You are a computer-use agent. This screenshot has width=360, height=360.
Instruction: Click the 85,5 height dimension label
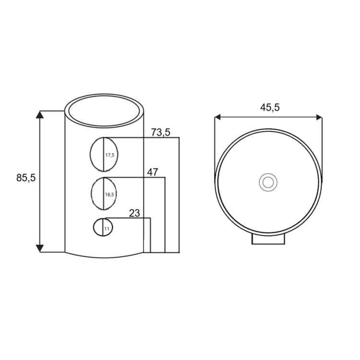pos(26,178)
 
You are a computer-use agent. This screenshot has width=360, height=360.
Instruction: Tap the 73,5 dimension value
pos(161,132)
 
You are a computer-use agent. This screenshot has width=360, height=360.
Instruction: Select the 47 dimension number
pos(153,172)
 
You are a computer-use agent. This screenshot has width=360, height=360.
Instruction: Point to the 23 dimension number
pos(134,213)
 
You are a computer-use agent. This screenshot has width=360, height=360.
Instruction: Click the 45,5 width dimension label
pos(270,108)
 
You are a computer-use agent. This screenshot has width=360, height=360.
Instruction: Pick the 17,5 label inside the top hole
pos(110,155)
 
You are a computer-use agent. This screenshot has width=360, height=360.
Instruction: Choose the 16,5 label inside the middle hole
pos(109,195)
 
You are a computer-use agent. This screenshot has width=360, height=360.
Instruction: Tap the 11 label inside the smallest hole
pos(107,229)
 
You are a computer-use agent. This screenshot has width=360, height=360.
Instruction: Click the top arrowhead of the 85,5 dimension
pos(40,115)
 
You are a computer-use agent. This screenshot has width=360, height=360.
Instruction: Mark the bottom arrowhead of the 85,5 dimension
pos(40,249)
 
